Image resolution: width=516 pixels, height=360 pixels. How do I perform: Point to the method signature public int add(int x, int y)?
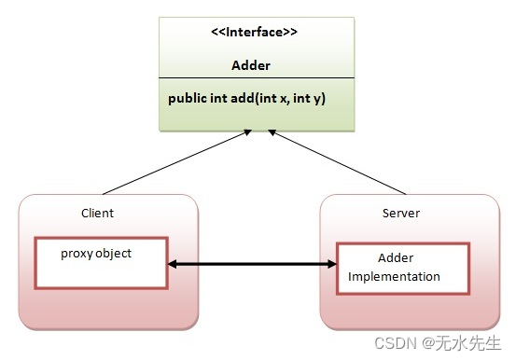[x=248, y=98]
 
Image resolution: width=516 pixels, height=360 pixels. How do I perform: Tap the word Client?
[x=97, y=213]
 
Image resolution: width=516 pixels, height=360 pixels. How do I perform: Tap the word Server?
[x=401, y=214]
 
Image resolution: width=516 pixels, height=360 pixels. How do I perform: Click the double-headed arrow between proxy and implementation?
[x=252, y=265]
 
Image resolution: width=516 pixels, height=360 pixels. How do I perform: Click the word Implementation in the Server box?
[x=394, y=277]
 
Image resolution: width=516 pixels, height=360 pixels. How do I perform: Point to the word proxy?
[x=76, y=254]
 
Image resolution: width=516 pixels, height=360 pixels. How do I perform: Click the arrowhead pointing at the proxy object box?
[x=174, y=265]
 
